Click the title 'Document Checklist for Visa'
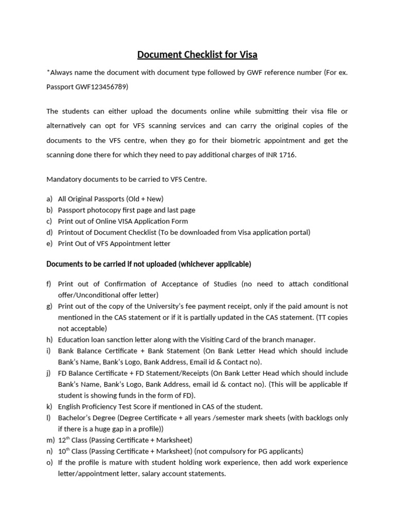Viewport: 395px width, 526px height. coord(197,54)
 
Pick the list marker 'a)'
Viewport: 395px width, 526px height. coord(49,199)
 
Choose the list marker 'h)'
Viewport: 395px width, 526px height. coord(49,340)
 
